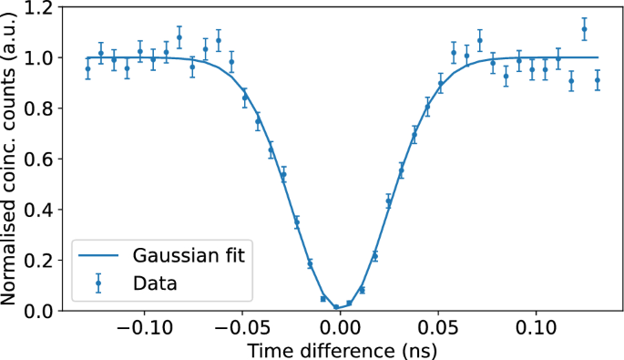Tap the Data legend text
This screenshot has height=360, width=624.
click(x=154, y=283)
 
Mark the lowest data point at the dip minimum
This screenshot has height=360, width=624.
click(x=336, y=307)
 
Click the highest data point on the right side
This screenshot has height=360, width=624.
click(x=584, y=29)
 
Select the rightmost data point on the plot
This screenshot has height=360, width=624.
click(x=597, y=80)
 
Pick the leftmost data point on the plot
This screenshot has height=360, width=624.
click(x=87, y=69)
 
